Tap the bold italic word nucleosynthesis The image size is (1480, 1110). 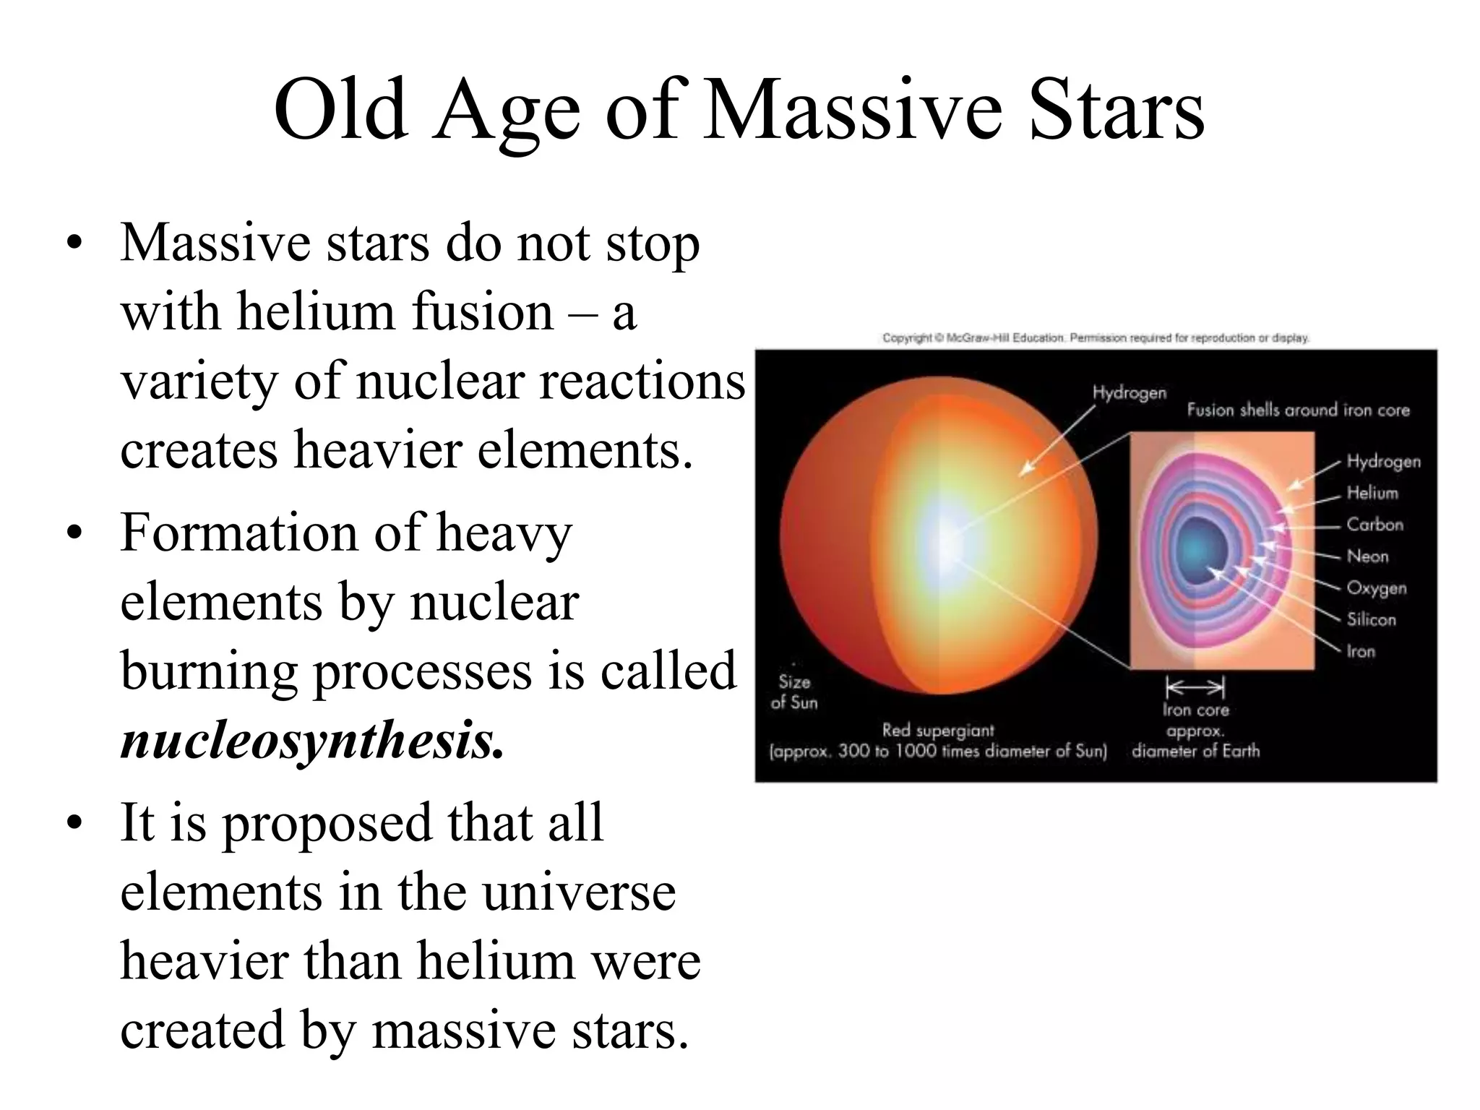pos(311,740)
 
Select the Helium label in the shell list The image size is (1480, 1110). pos(1372,493)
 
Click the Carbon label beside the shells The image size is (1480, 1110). pos(1374,525)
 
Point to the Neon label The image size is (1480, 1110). pos(1367,556)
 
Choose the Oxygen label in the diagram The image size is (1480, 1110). pos(1376,588)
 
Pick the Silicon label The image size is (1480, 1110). pos(1371,619)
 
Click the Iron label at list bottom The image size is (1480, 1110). pos(1360,651)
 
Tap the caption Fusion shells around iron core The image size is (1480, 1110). pos(1298,410)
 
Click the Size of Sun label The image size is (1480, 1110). pos(794,692)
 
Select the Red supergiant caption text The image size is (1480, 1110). pos(938,731)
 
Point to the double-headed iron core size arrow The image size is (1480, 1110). pos(1195,686)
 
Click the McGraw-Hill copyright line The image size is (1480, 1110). pos(1096,337)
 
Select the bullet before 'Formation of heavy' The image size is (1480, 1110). pos(73,534)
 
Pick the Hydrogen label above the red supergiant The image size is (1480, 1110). pos(1129,392)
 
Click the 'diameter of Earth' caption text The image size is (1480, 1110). pos(1195,751)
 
